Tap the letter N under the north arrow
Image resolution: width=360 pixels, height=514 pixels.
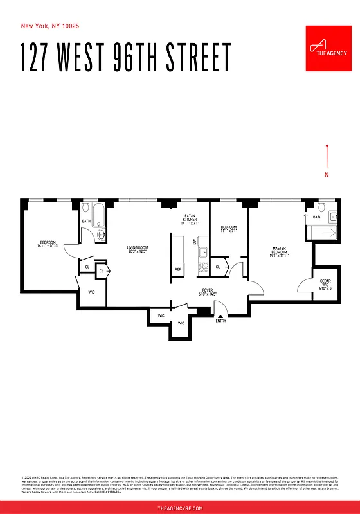(x=327, y=175)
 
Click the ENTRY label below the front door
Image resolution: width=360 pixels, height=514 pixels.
(x=221, y=321)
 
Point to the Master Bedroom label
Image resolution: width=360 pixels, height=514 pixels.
(x=279, y=251)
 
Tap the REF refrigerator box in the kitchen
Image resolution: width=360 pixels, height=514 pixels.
(x=178, y=270)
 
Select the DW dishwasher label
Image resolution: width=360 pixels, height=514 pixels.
(x=195, y=242)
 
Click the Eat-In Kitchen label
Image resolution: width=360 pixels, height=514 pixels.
(x=190, y=220)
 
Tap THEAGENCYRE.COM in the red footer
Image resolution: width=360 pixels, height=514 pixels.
(x=180, y=508)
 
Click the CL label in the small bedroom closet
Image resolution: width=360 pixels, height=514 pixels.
(x=218, y=267)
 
